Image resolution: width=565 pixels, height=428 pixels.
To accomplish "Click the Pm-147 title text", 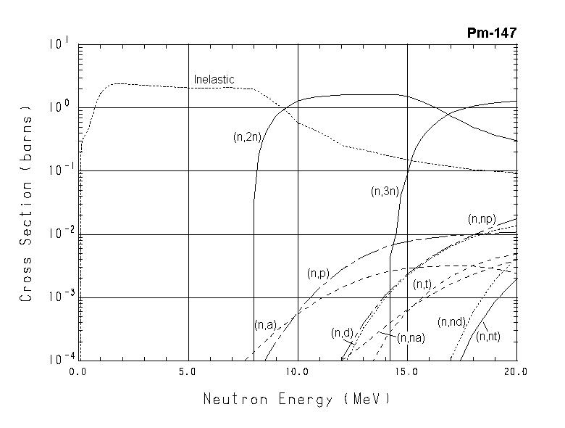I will click(x=493, y=33).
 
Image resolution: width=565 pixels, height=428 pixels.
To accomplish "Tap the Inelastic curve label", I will click(x=214, y=79).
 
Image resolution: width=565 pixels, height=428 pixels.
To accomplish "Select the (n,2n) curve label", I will click(x=247, y=137).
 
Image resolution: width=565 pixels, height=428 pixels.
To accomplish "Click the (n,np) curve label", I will click(x=482, y=218).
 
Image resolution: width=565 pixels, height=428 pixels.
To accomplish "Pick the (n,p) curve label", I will click(x=318, y=273).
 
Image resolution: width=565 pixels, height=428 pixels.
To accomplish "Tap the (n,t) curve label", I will click(x=422, y=285).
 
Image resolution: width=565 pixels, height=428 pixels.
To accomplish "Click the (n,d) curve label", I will click(x=342, y=333).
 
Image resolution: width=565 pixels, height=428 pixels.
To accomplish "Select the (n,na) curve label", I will click(x=411, y=337).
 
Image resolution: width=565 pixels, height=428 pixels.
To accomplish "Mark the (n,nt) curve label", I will click(x=488, y=336).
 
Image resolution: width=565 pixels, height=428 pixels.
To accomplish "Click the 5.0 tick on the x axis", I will click(x=188, y=371).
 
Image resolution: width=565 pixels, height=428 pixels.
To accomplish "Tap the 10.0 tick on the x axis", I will click(x=298, y=371).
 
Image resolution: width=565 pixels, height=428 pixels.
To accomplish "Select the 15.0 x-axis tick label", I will click(x=407, y=371).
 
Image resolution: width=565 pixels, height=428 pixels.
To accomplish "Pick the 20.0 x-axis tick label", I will click(x=516, y=371).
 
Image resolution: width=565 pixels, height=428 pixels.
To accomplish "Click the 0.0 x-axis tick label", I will click(x=78, y=371).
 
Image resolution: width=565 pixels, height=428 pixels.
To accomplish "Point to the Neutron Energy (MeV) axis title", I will click(x=297, y=399).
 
